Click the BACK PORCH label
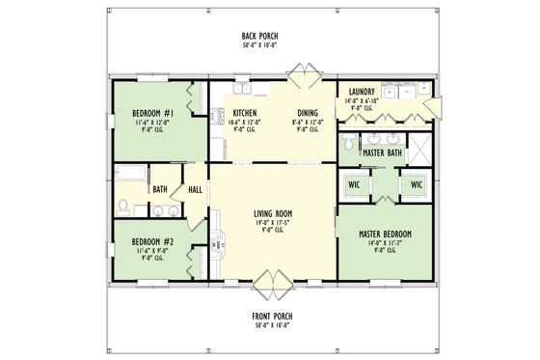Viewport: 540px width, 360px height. [259, 36]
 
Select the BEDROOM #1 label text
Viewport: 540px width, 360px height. [152, 114]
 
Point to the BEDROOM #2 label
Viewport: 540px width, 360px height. [152, 241]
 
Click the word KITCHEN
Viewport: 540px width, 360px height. [246, 113]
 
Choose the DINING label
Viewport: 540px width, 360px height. [308, 113]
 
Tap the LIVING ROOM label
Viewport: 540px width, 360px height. [273, 213]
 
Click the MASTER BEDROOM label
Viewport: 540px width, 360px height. [385, 235]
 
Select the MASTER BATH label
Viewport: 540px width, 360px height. [382, 153]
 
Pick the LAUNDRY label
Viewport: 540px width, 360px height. [364, 93]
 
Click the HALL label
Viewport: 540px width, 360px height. [195, 189]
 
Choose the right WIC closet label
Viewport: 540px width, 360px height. [417, 184]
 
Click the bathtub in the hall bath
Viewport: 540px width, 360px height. [129, 175]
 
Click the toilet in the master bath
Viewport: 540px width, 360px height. [347, 145]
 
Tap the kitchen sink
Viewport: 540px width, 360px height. [238, 90]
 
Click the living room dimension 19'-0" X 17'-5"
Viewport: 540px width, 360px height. [273, 222]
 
